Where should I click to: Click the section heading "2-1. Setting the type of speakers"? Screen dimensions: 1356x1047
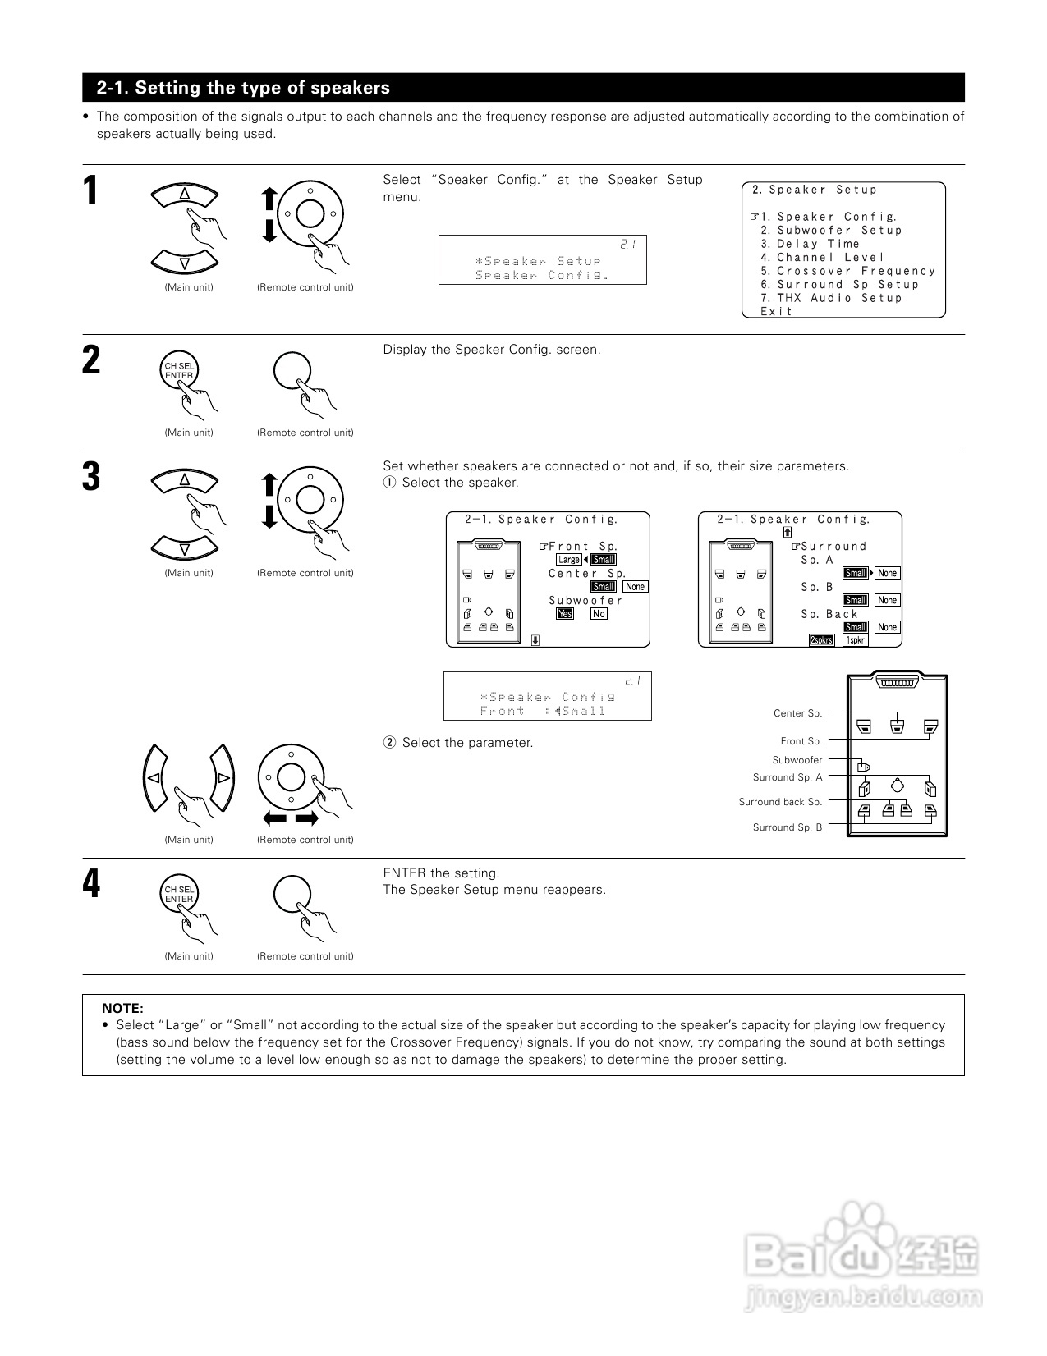(243, 88)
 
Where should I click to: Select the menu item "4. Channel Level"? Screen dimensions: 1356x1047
(822, 258)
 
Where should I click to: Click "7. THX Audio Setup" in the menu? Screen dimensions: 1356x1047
(831, 298)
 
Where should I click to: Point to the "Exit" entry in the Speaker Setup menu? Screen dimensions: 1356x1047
(776, 311)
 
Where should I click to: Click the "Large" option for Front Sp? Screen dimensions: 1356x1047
(568, 560)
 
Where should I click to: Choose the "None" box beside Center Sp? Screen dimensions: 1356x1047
(635, 587)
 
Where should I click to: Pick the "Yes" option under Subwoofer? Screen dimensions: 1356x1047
(565, 614)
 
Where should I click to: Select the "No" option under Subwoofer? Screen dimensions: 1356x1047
(599, 614)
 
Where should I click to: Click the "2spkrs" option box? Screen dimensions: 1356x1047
(821, 640)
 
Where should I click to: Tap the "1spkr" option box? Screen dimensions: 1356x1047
(855, 640)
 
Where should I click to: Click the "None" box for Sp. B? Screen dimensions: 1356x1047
(887, 600)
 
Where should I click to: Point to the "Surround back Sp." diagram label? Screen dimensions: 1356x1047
(780, 802)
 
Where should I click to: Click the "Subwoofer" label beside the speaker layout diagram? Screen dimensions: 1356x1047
(797, 760)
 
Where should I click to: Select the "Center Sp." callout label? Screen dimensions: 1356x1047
(797, 713)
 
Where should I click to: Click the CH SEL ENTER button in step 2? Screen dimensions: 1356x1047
(179, 371)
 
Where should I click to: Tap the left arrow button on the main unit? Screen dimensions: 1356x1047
(154, 777)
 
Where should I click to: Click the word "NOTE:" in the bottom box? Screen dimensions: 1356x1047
(122, 1008)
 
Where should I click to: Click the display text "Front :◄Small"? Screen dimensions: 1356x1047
(543, 712)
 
